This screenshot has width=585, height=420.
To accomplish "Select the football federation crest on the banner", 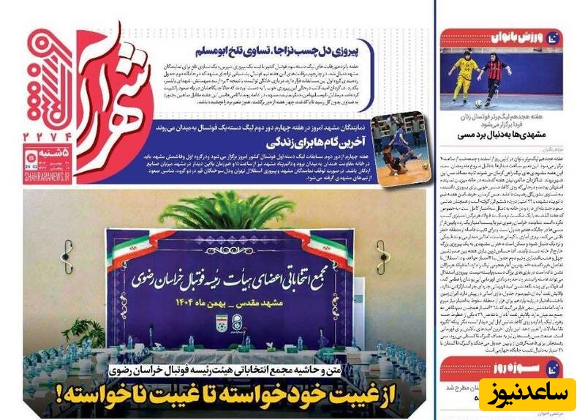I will [223, 320].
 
